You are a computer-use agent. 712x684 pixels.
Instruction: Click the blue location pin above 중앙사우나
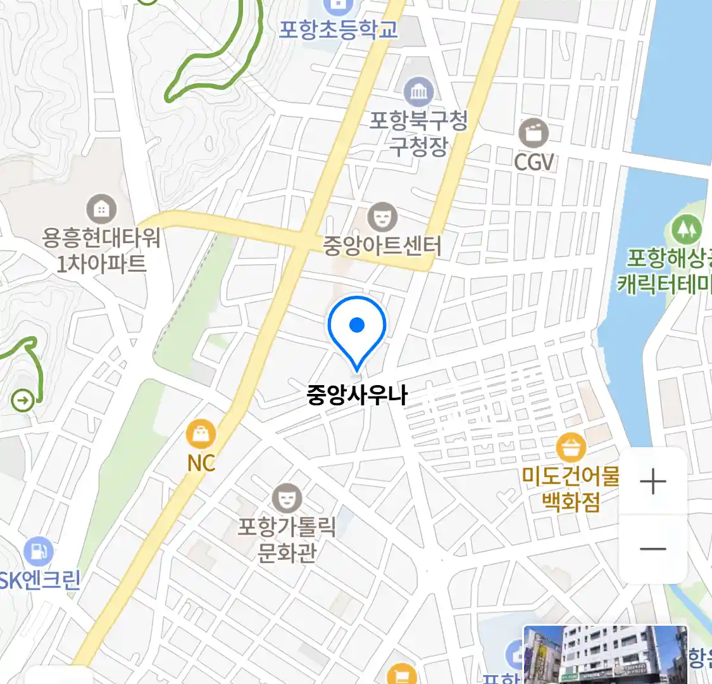point(357,329)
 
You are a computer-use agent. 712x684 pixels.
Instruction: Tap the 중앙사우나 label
point(356,395)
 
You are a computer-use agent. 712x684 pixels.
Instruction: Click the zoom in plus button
point(653,483)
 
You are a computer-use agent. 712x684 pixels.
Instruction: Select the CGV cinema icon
point(534,133)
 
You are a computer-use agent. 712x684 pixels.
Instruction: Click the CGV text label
point(534,162)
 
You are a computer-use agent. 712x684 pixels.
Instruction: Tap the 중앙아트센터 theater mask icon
point(382,217)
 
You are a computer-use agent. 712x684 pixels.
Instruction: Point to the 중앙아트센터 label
point(382,245)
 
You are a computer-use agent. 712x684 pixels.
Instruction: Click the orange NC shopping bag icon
point(201,434)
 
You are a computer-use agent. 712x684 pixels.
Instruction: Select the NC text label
point(201,463)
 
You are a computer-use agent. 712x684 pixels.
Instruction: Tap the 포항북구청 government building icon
point(418,92)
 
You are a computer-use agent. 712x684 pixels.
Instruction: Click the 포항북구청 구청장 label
point(418,133)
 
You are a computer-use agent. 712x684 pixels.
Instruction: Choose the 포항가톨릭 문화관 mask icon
point(287,499)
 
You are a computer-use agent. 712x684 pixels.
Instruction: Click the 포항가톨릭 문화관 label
point(287,540)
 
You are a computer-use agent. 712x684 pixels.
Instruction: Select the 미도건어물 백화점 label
point(571,488)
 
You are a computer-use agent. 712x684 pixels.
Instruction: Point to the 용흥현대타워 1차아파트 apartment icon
point(101,209)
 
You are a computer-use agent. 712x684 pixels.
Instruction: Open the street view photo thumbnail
point(605,655)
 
